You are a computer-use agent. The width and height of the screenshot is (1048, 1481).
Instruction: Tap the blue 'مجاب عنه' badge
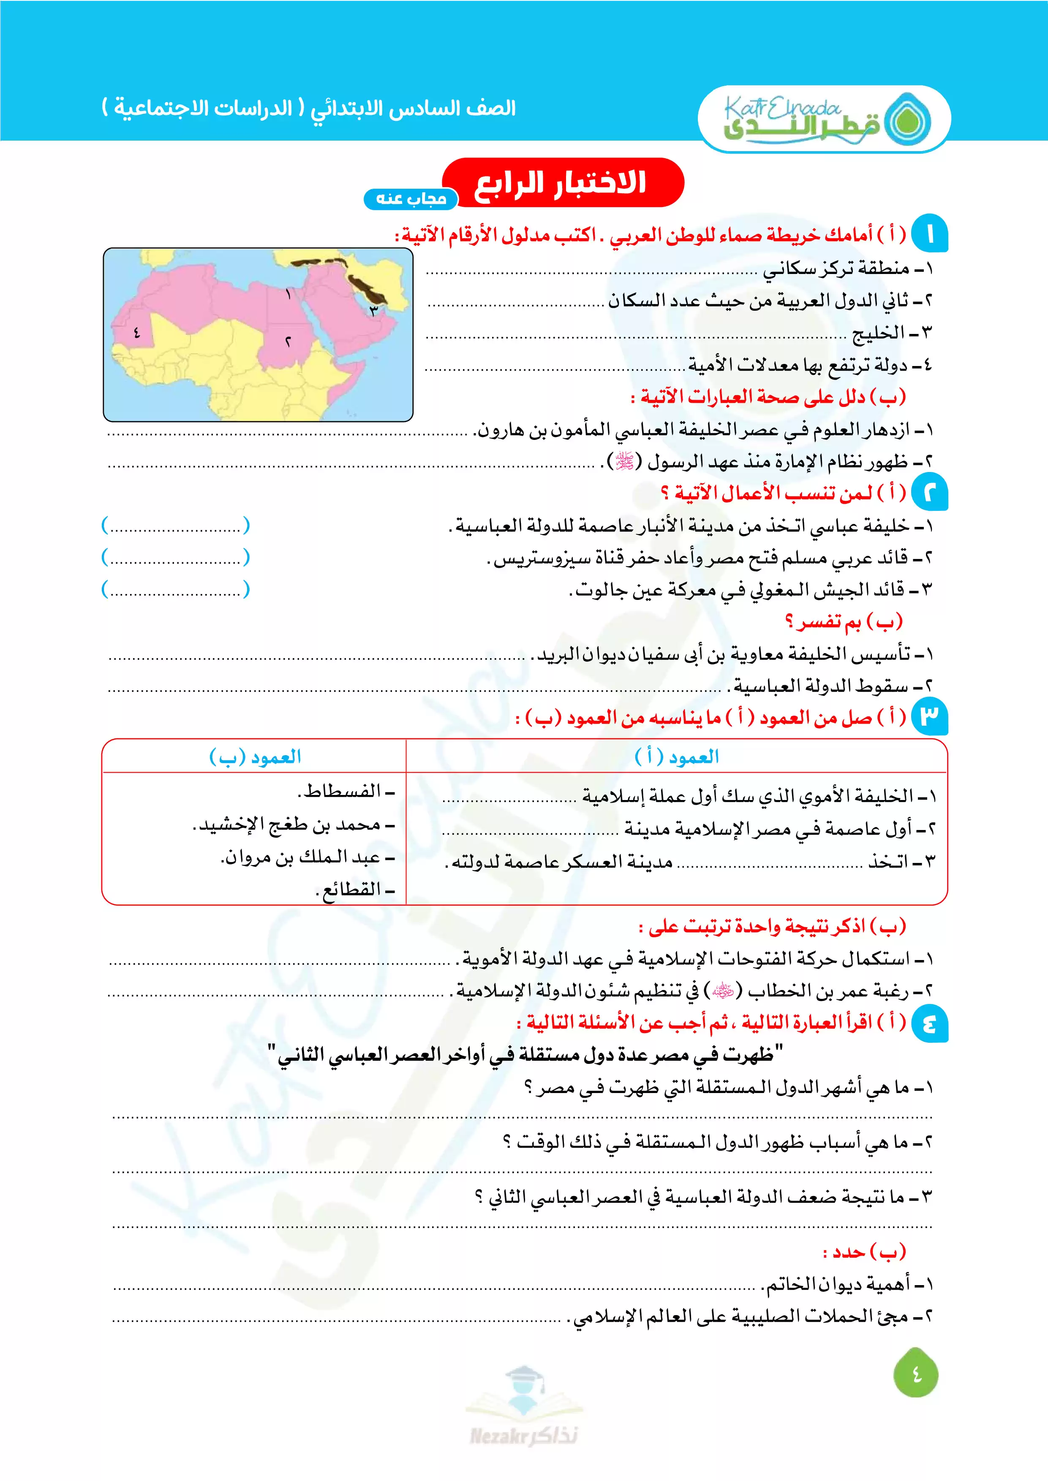411,199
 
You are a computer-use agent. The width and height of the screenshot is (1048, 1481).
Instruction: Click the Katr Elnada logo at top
824,119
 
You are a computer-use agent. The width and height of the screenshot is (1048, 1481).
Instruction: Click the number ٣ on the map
373,311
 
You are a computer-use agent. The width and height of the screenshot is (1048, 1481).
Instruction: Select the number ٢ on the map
288,341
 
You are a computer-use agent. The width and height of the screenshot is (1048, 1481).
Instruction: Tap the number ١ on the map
289,294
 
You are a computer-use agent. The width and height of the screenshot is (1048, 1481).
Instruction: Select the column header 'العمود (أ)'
677,757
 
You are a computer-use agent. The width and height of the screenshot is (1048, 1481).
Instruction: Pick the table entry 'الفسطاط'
343,792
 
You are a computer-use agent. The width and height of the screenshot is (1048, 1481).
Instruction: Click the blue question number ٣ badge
929,716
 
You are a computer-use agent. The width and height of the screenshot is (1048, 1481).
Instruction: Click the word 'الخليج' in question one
878,334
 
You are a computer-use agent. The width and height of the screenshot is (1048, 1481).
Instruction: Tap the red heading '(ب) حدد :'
865,1253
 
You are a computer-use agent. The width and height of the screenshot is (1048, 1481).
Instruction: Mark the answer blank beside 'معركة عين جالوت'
176,589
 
